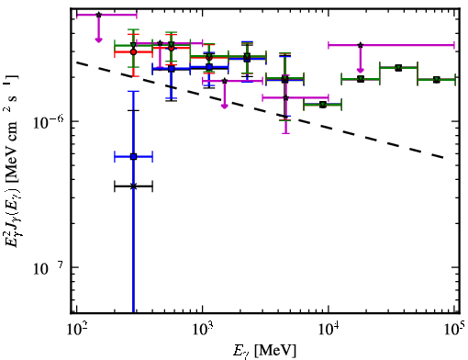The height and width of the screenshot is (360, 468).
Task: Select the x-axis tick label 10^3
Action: [x=203, y=328]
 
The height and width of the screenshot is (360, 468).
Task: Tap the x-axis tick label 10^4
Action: [x=329, y=328]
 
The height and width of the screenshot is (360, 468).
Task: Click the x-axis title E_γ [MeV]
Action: [x=264, y=351]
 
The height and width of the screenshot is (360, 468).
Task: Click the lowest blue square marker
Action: [x=133, y=157]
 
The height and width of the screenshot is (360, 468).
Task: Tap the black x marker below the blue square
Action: [x=133, y=186]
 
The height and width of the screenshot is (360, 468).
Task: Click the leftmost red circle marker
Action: [x=133, y=51]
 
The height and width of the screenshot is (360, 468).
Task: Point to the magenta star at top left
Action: [x=98, y=15]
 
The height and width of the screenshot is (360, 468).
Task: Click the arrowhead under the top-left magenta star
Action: [x=98, y=39]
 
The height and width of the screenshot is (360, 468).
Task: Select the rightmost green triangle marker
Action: [x=437, y=80]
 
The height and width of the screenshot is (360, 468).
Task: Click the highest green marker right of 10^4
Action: [x=398, y=68]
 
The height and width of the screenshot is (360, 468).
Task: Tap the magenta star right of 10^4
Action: [x=361, y=45]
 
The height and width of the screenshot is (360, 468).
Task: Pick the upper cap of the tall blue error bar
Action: [x=133, y=91]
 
